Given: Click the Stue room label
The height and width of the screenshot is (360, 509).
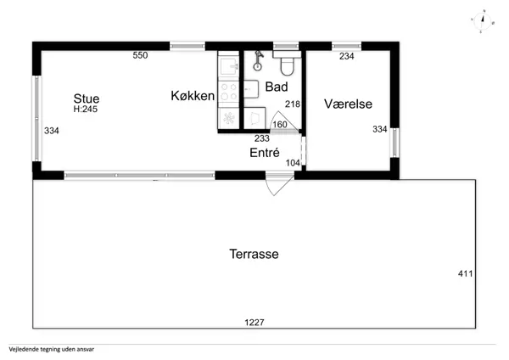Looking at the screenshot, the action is pyautogui.click(x=87, y=98).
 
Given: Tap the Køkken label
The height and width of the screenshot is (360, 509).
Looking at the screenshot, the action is pyautogui.click(x=193, y=96).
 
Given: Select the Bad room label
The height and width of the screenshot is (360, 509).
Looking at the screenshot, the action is pyautogui.click(x=277, y=87).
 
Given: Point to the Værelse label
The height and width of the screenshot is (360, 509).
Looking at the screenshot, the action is pyautogui.click(x=348, y=104).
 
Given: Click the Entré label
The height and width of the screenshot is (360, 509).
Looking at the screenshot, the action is pyautogui.click(x=265, y=152).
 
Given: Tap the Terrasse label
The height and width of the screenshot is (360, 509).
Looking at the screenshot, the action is pyautogui.click(x=254, y=254).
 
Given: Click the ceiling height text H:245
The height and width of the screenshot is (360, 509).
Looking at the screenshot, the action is pyautogui.click(x=86, y=110).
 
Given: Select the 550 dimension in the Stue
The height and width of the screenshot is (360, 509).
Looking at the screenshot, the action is pyautogui.click(x=140, y=55).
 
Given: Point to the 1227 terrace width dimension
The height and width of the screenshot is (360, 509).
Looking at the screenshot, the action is pyautogui.click(x=255, y=323).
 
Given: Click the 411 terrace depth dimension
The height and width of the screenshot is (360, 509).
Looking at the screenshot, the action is pyautogui.click(x=465, y=273).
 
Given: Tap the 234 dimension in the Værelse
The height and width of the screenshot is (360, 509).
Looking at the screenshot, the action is pyautogui.click(x=347, y=56).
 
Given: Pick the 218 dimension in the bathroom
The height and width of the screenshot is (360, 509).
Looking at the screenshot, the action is pyautogui.click(x=293, y=104).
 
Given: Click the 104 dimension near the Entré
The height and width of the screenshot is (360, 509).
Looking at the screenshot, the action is pyautogui.click(x=293, y=163).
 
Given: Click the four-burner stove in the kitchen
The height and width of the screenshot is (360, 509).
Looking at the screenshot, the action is pyautogui.click(x=228, y=92).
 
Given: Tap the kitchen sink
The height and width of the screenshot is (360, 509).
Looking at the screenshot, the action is pyautogui.click(x=228, y=66).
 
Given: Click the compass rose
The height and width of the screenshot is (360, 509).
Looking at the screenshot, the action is pyautogui.click(x=483, y=21).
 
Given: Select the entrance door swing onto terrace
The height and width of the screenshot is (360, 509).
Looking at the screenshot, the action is pyautogui.click(x=278, y=184).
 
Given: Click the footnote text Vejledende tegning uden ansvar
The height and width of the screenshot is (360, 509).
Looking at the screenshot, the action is pyautogui.click(x=52, y=349).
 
